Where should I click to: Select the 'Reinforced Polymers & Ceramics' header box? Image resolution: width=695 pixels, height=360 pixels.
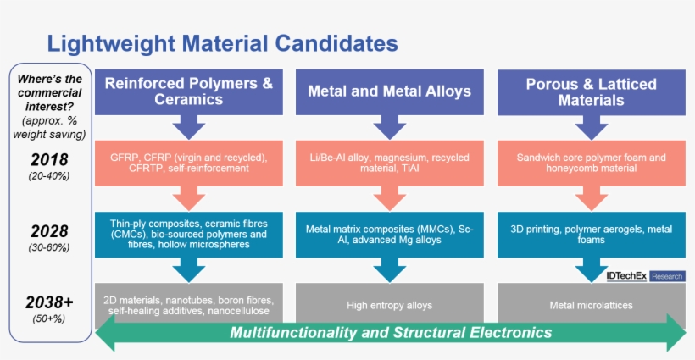pos(188,91)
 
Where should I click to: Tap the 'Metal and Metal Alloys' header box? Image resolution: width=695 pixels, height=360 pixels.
pos(389,91)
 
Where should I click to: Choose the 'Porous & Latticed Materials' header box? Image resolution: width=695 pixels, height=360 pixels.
pos(591,91)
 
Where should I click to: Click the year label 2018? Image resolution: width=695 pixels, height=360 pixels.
pos(49,159)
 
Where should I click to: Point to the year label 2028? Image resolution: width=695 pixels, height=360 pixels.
pos(49,231)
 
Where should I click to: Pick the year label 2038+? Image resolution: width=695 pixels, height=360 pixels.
pos(49,302)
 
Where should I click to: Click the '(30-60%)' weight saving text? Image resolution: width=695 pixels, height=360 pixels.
pos(49,248)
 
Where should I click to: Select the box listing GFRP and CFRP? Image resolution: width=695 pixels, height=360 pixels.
pos(188,162)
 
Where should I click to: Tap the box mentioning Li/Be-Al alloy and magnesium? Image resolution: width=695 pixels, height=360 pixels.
pos(389,162)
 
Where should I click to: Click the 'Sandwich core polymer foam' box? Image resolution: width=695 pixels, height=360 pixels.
pos(591,162)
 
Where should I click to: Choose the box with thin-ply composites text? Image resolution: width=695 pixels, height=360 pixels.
pos(188,233)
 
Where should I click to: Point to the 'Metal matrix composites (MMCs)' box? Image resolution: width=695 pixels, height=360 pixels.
pos(389,233)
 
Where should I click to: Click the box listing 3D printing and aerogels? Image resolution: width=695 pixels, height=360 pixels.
pos(591,233)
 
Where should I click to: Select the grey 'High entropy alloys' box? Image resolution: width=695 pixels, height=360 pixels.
pos(389,304)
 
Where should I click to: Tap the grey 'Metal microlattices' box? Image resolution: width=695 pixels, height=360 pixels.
pos(591,304)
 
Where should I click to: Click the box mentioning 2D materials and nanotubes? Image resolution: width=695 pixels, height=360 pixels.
pos(188,304)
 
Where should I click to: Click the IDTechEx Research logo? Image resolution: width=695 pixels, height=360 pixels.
pos(645,276)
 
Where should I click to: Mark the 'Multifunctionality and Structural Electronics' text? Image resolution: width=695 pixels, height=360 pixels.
pos(391,332)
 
